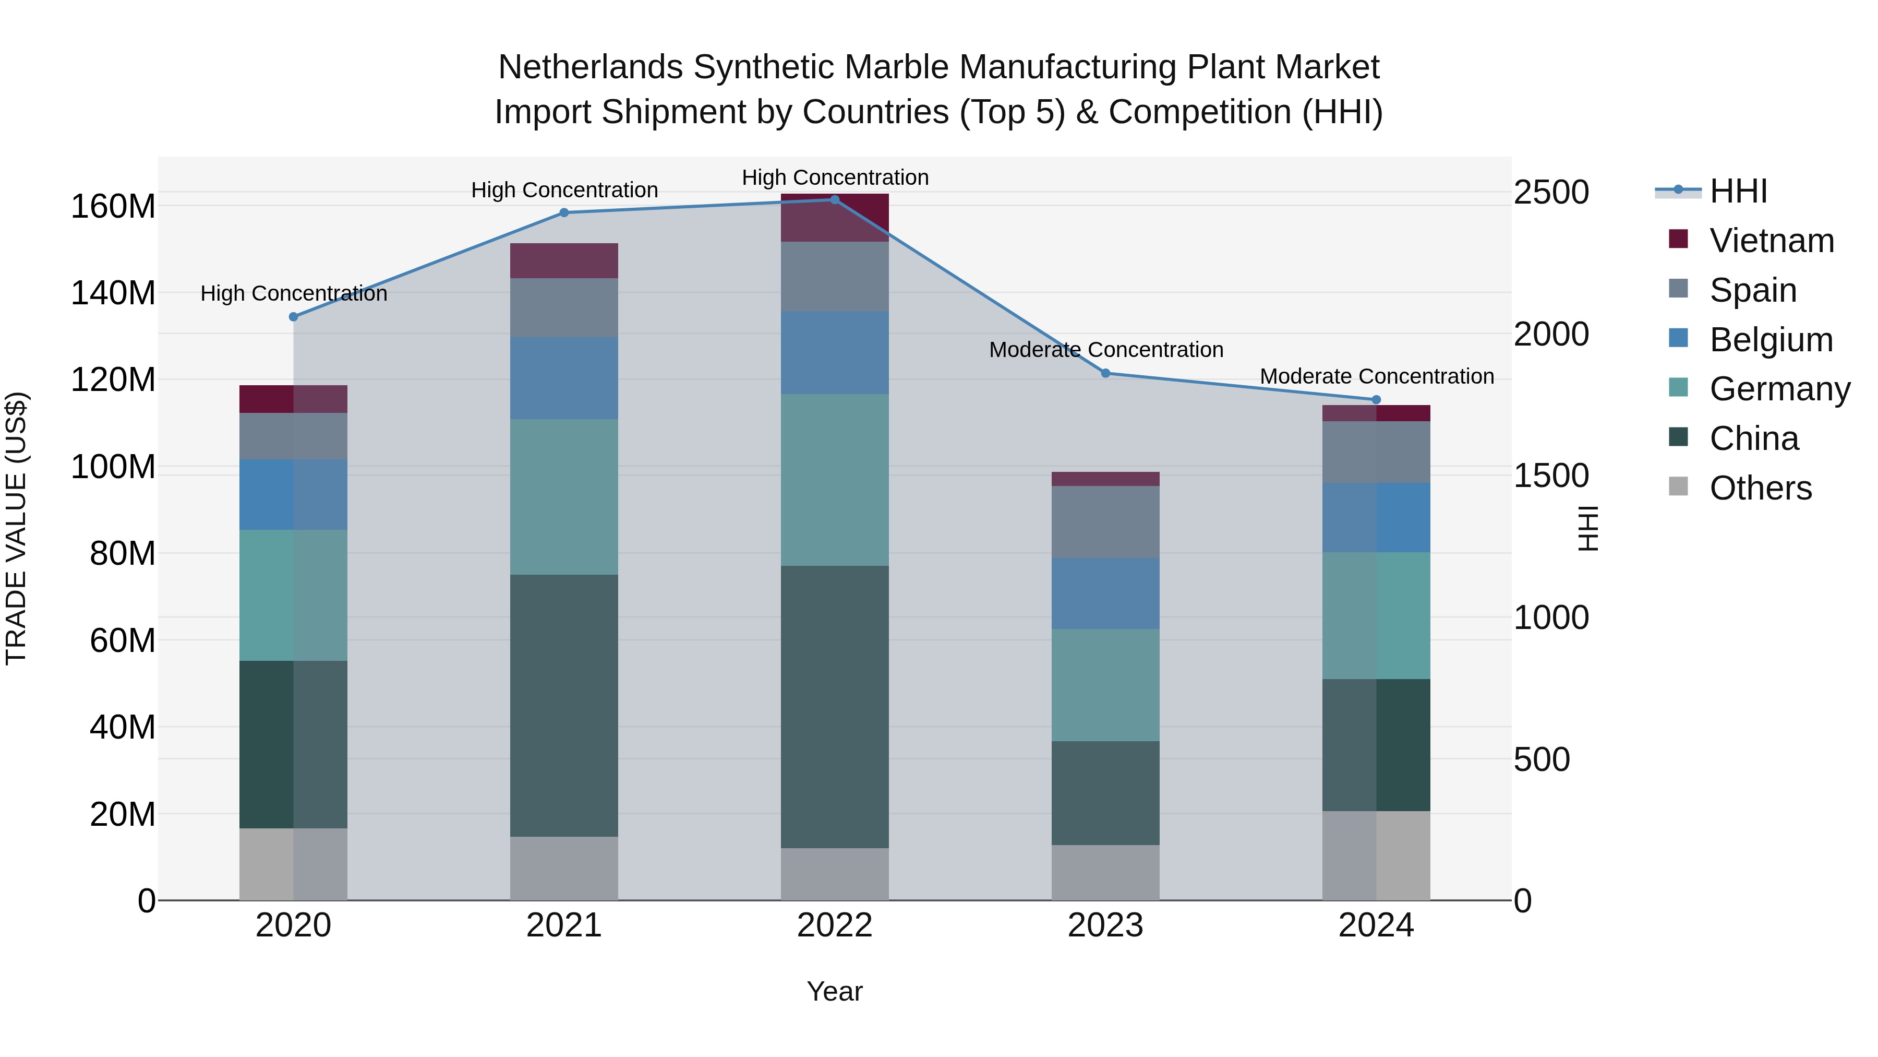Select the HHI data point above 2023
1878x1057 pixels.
point(1105,374)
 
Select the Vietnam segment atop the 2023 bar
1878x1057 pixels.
point(1105,479)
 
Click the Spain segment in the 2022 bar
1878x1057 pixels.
point(835,277)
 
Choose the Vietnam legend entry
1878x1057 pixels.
point(1771,241)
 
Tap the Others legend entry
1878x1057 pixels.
point(1760,488)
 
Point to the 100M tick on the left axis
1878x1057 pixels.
point(113,467)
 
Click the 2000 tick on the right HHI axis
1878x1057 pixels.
point(1551,334)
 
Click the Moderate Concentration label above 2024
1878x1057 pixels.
point(1377,376)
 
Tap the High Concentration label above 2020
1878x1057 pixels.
point(294,293)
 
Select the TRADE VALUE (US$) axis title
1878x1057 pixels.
point(17,528)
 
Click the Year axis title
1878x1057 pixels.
point(835,991)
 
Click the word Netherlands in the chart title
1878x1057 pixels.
point(590,67)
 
